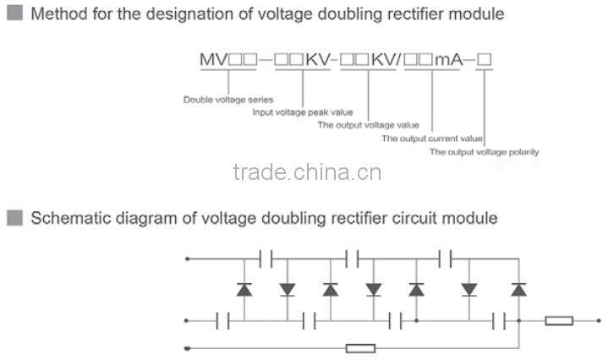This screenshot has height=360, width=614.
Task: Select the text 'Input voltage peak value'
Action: (302, 112)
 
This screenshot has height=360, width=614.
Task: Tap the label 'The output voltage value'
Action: (368, 125)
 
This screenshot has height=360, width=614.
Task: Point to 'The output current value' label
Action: (431, 139)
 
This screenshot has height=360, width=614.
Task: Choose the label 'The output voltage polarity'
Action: (484, 152)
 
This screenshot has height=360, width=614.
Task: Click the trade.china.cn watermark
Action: (307, 173)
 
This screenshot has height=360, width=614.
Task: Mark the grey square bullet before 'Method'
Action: (14, 14)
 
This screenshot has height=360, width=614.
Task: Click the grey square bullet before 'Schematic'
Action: (14, 218)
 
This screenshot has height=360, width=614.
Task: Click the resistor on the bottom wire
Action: (361, 347)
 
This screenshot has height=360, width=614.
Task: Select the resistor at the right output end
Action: (559, 321)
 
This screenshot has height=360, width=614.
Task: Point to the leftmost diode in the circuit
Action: (244, 289)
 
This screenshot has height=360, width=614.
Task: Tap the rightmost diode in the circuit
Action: (518, 289)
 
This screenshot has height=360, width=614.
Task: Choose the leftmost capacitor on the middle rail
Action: (223, 321)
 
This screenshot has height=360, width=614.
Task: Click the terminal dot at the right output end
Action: (601, 321)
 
